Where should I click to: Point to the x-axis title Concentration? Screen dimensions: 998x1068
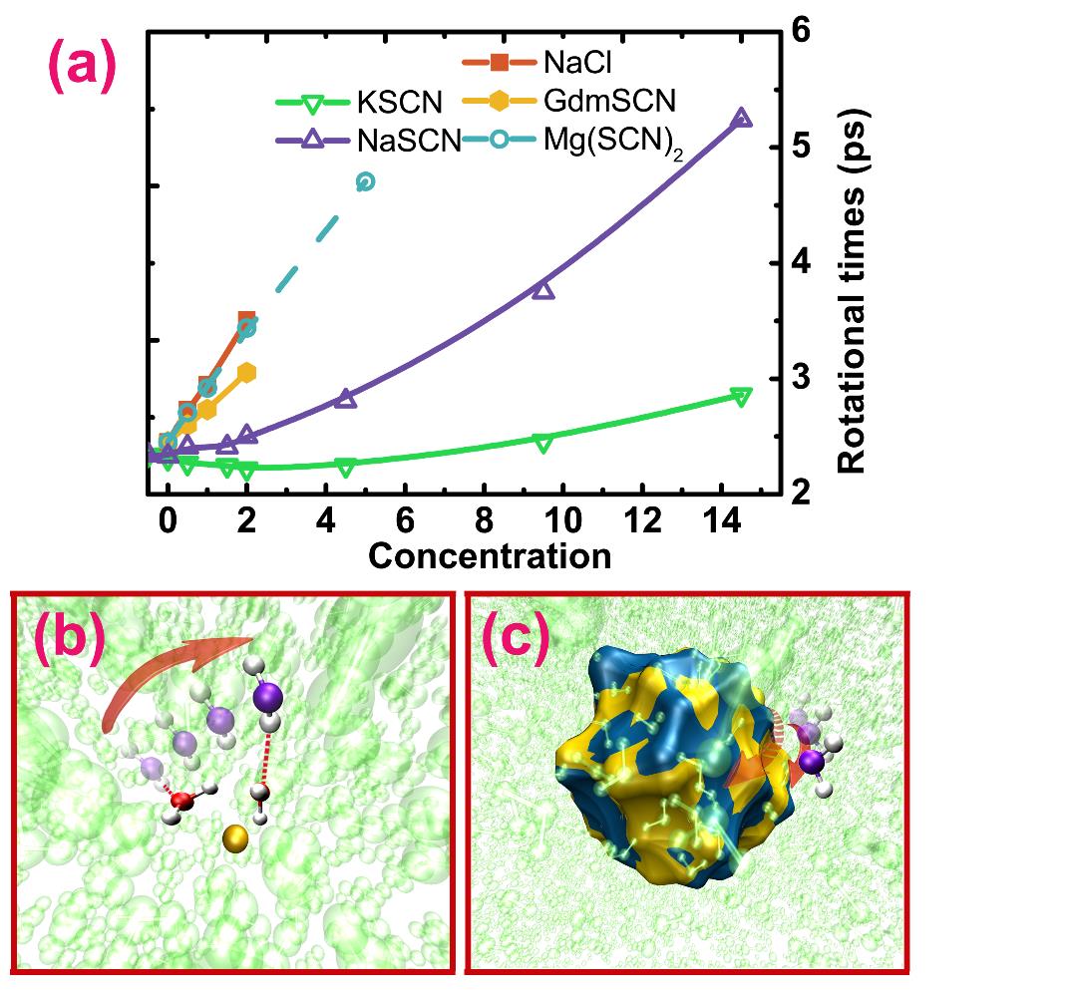tap(490, 555)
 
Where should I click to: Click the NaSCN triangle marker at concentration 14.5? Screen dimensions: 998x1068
tap(741, 119)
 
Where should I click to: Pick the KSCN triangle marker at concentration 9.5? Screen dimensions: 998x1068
tap(543, 443)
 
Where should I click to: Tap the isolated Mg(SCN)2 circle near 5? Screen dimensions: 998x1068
tap(365, 181)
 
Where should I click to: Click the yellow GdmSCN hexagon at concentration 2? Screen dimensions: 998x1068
tap(247, 372)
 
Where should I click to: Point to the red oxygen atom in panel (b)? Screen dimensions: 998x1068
tap(181, 801)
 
